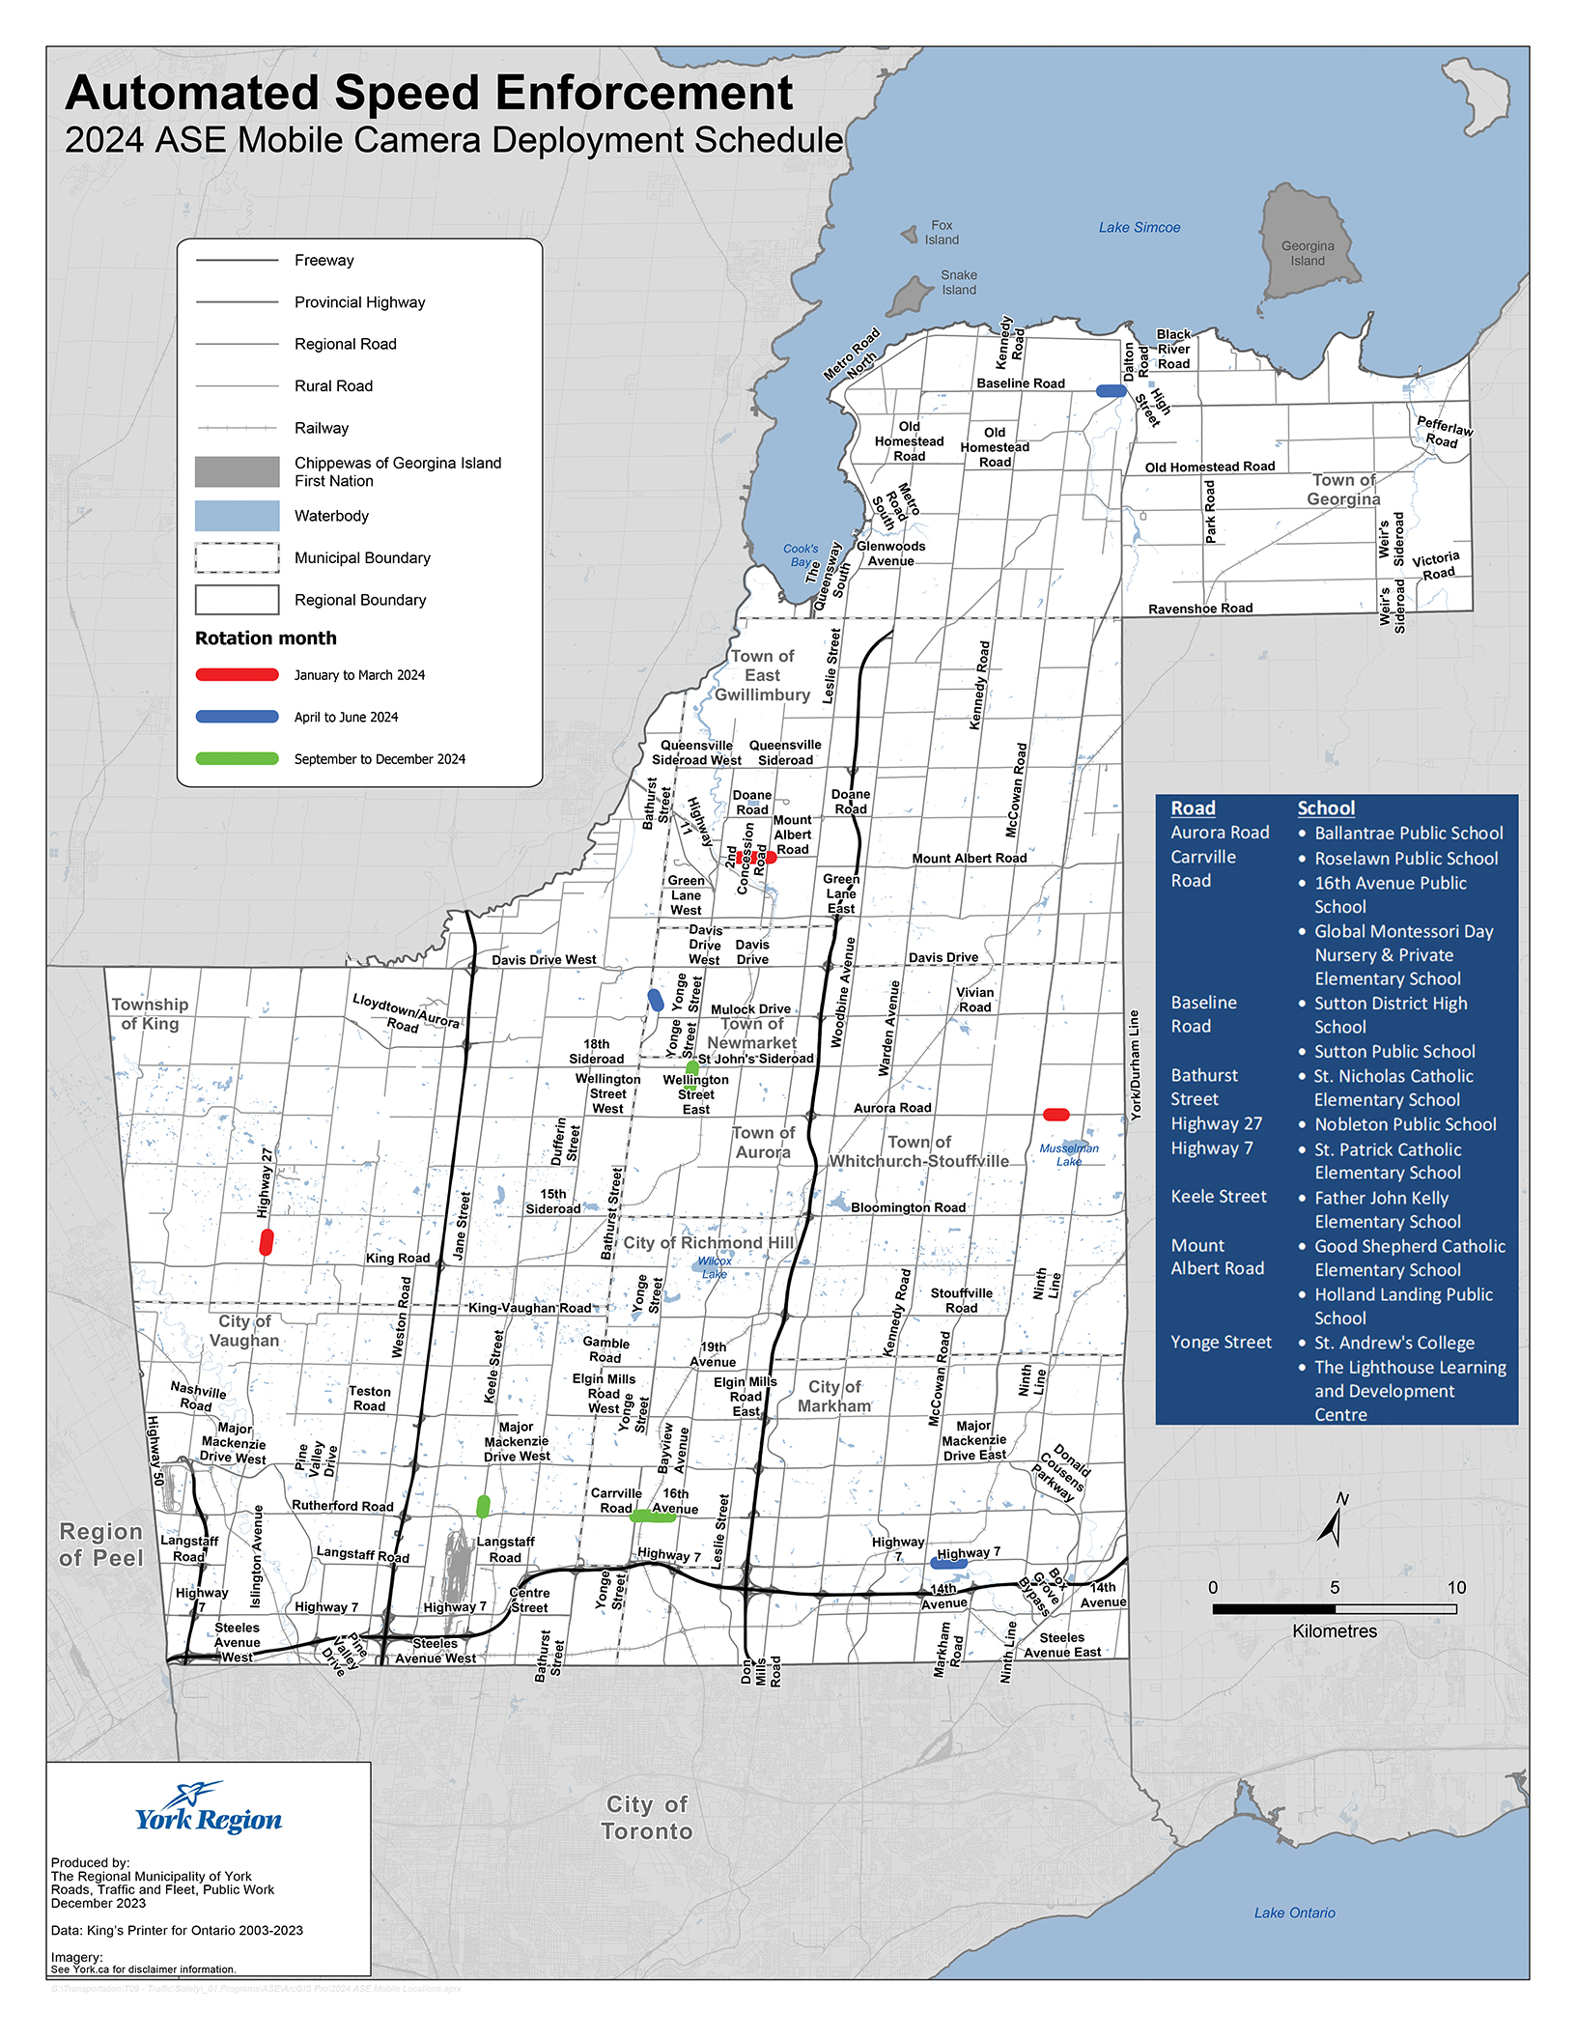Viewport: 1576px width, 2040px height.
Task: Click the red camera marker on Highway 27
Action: tap(267, 1242)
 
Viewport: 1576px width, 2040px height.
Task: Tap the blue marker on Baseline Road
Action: tap(1111, 391)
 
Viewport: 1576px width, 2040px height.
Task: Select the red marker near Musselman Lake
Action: tap(1056, 1115)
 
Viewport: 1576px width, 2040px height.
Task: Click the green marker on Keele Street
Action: tap(484, 1506)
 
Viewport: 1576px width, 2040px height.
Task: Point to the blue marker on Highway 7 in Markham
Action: tap(948, 1563)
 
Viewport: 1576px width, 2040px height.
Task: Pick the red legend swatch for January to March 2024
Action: tap(238, 675)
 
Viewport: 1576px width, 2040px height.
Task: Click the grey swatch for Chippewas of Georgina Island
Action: tap(238, 472)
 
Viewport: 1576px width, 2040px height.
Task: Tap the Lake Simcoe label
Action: tap(1140, 228)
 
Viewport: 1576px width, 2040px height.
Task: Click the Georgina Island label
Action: tap(1308, 253)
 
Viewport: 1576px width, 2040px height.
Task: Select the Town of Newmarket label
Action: tap(752, 1034)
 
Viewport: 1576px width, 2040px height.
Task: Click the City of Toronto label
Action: tap(647, 1818)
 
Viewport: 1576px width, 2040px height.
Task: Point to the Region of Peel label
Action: tap(101, 1544)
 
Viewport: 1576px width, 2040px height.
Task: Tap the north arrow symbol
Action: tap(1333, 1522)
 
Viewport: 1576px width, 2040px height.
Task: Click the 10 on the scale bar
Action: tap(1455, 1587)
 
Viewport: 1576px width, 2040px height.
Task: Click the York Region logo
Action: tap(209, 1809)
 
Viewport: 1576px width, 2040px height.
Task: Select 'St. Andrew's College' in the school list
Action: tap(1393, 1343)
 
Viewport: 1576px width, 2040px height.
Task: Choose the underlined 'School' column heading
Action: tap(1326, 808)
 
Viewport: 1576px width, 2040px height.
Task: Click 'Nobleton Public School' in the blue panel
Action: tap(1405, 1124)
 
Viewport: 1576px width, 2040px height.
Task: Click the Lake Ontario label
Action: tap(1294, 1912)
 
